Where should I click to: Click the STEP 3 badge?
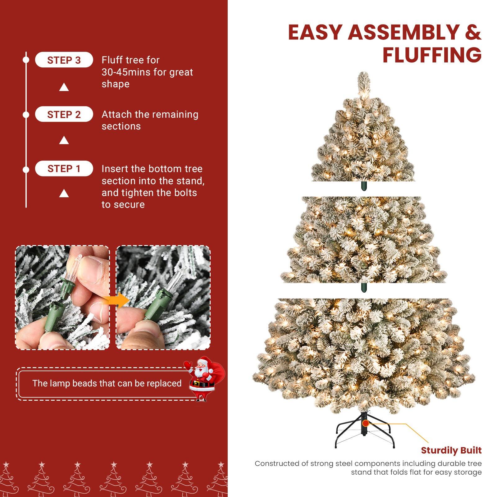point(64,60)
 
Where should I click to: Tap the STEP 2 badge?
point(64,114)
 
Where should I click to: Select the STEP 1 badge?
point(64,169)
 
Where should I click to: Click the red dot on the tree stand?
point(366,423)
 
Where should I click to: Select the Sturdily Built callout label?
point(451,450)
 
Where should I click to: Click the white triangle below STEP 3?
point(64,87)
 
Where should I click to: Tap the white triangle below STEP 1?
point(64,194)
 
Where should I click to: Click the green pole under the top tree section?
point(364,186)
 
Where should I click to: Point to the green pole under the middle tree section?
point(364,287)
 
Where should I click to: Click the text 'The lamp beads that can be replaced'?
point(107,383)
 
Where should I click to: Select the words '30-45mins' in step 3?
point(126,72)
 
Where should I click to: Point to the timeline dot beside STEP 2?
point(26,115)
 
